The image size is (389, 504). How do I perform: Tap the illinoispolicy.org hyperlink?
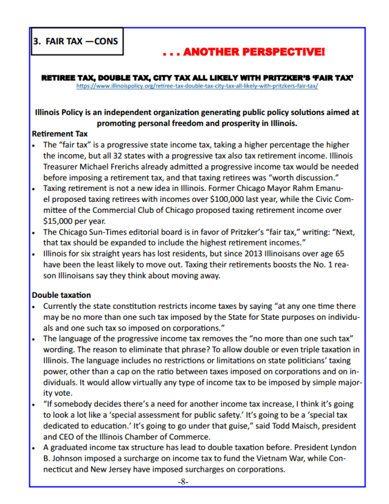(198, 86)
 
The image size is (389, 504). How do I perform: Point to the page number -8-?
(183, 482)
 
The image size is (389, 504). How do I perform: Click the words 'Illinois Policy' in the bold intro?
(60, 112)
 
